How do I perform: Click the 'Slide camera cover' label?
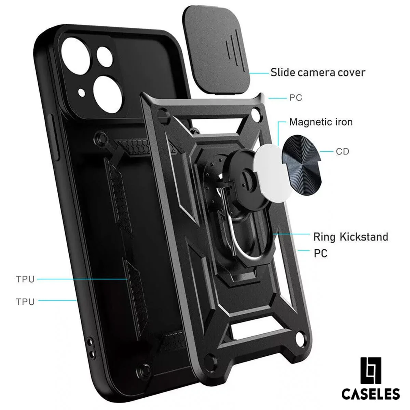(x=318, y=73)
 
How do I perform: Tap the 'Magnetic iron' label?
(x=321, y=122)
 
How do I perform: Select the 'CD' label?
(x=343, y=152)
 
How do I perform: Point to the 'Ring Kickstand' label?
(x=351, y=237)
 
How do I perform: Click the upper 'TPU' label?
(x=25, y=279)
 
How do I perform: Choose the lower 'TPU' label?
(x=25, y=302)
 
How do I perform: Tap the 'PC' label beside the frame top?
(x=296, y=98)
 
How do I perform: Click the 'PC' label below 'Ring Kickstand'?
(x=320, y=254)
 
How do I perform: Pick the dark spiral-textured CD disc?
(x=301, y=162)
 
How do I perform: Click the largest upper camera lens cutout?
(x=76, y=56)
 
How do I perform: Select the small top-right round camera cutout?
(x=105, y=57)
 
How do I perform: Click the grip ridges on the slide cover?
(x=232, y=47)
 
